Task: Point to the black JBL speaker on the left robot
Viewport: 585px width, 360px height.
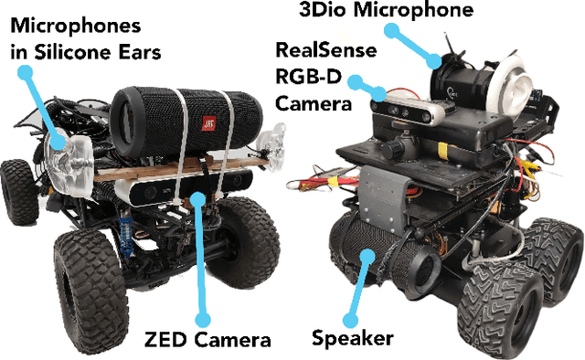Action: click(183, 114)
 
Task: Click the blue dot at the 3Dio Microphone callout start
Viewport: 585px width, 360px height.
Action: click(388, 30)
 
